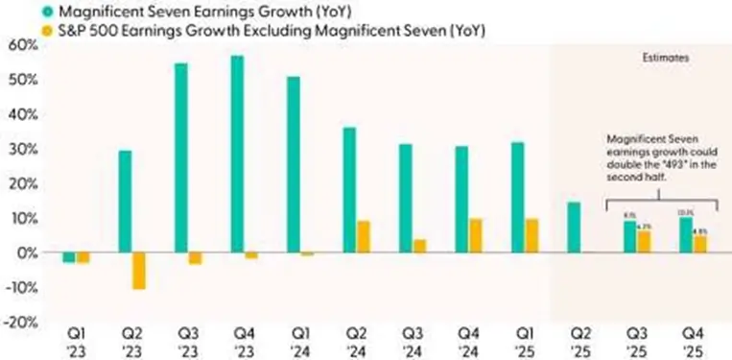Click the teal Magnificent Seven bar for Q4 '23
[x=237, y=154]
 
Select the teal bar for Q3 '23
[x=180, y=157]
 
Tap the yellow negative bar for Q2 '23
[x=139, y=270]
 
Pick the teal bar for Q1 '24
[x=293, y=164]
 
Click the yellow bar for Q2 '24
[x=364, y=236]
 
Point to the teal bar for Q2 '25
[x=573, y=227]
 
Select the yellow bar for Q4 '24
[x=476, y=235]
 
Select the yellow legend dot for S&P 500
[x=18, y=32]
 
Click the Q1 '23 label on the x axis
[x=76, y=344]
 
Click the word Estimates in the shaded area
[x=665, y=59]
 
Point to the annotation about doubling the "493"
[x=657, y=158]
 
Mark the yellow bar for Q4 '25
[x=699, y=244]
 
